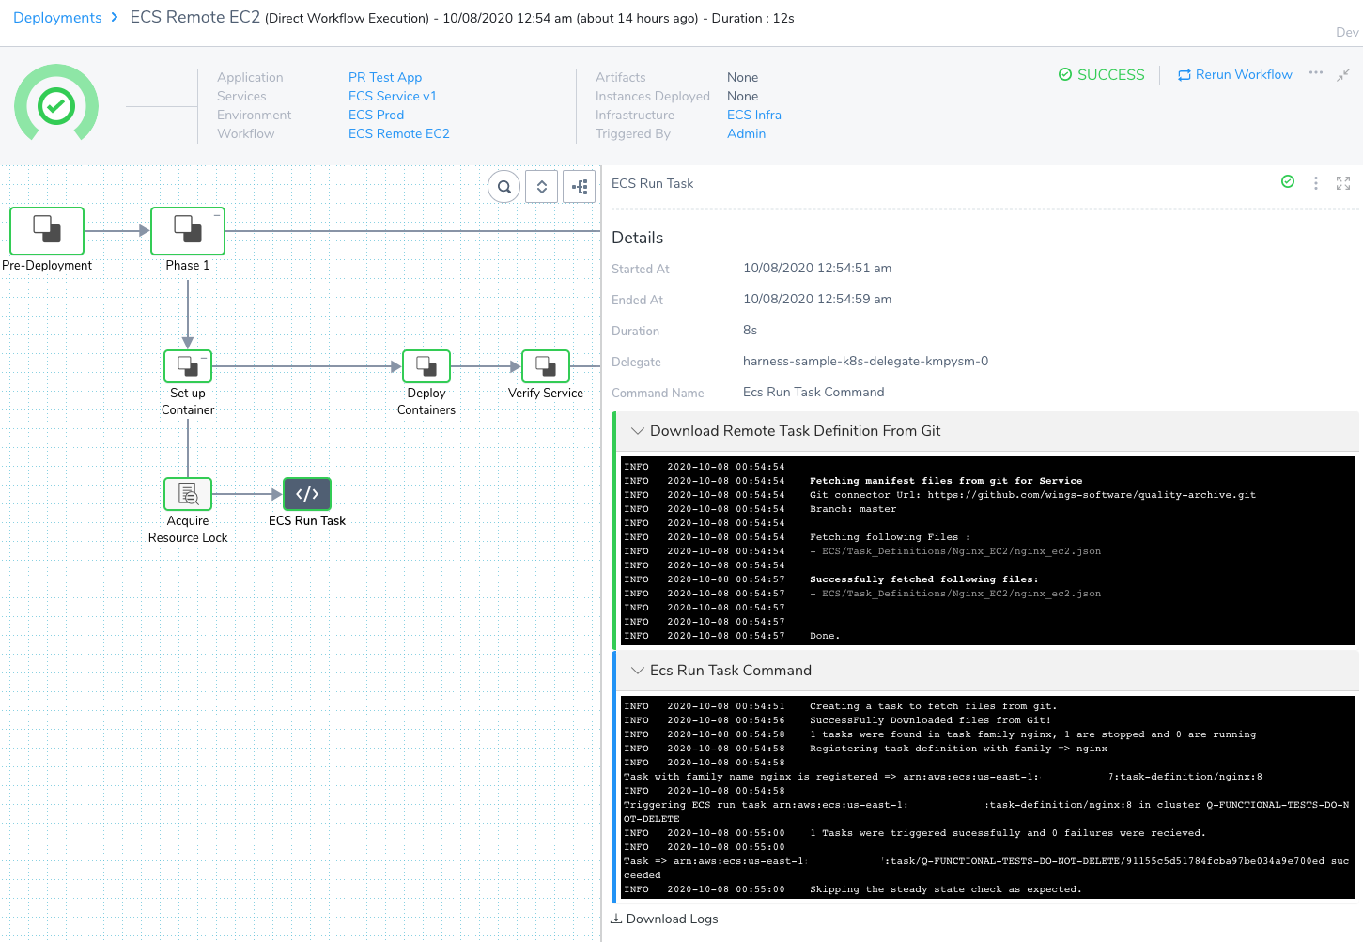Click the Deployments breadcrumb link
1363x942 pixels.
pyautogui.click(x=57, y=18)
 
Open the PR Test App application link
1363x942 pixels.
pyautogui.click(x=384, y=77)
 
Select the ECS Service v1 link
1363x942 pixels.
pyautogui.click(x=393, y=96)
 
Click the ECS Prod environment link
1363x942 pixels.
pyautogui.click(x=376, y=115)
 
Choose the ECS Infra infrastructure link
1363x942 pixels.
pyautogui.click(x=754, y=115)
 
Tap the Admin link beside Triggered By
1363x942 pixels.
pyautogui.click(x=746, y=134)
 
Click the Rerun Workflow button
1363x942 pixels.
pyautogui.click(x=1234, y=75)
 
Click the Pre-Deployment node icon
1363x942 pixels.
pyautogui.click(x=47, y=231)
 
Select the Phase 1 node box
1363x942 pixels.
pyautogui.click(x=188, y=231)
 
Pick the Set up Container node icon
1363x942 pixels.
pyautogui.click(x=188, y=366)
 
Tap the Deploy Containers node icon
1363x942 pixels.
pyautogui.click(x=426, y=366)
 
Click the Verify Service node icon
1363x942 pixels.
pyautogui.click(x=545, y=366)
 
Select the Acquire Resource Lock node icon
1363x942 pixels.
pyautogui.click(x=188, y=493)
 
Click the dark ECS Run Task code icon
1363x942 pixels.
pyautogui.click(x=306, y=493)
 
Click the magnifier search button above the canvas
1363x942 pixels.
pyautogui.click(x=503, y=187)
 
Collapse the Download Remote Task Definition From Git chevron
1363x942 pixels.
pyautogui.click(x=637, y=431)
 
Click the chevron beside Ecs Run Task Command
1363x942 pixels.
pyautogui.click(x=637, y=670)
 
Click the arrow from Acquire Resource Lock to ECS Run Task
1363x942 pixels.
pyautogui.click(x=247, y=494)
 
